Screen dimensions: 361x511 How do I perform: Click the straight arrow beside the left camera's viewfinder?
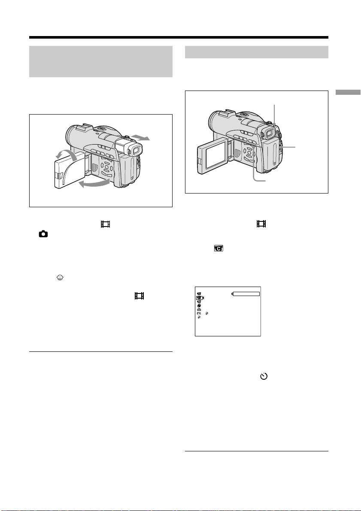[140, 138]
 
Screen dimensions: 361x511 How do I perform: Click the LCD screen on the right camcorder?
[214, 155]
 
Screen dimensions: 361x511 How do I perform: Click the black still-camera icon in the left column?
[43, 234]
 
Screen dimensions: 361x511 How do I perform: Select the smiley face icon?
[60, 278]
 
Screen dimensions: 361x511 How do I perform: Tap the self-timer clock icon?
[264, 376]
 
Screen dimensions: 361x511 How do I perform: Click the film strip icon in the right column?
[261, 224]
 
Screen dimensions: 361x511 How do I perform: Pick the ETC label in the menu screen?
[199, 313]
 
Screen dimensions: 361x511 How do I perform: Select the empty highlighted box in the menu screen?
[246, 294]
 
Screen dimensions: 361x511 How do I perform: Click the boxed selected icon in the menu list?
[199, 298]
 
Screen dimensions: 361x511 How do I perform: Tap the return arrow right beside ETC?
[207, 313]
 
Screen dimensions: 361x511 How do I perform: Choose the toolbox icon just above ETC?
[199, 309]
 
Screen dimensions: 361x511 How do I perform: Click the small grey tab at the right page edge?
[348, 92]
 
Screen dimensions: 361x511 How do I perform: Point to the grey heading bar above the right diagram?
[256, 52]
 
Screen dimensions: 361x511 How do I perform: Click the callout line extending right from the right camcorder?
[288, 147]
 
